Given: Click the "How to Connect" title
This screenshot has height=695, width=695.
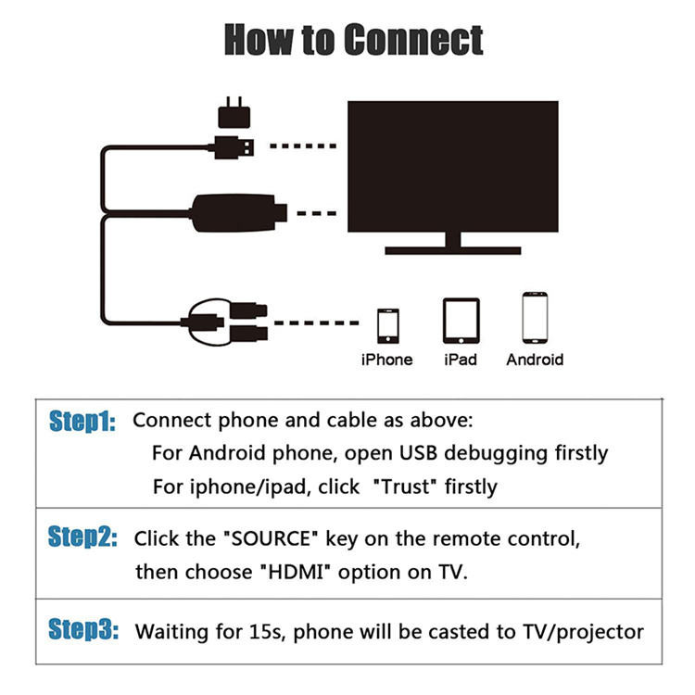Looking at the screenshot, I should [353, 41].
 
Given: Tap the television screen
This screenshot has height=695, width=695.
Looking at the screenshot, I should [452, 166].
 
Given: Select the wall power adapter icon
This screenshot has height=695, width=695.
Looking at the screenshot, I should [234, 115].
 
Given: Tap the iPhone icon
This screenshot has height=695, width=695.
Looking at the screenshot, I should [387, 325].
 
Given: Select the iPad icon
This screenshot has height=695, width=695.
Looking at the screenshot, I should [461, 321].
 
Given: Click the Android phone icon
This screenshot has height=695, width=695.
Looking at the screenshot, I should [535, 319].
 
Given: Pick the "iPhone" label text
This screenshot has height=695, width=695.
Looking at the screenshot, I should [387, 360].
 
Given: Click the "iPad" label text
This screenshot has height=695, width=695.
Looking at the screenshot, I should [461, 360].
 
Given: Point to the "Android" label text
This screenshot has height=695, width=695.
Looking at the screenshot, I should [535, 360].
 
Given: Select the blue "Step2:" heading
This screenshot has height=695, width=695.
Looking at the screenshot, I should [82, 537].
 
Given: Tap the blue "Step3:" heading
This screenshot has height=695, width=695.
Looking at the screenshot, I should [82, 631].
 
